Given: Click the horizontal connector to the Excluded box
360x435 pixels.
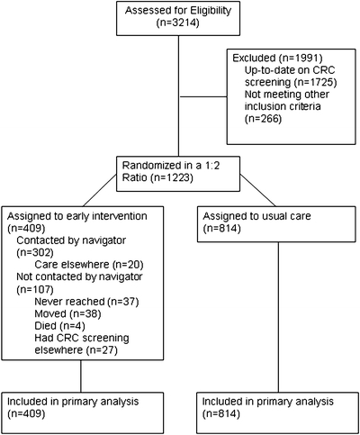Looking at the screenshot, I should [x=202, y=96].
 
